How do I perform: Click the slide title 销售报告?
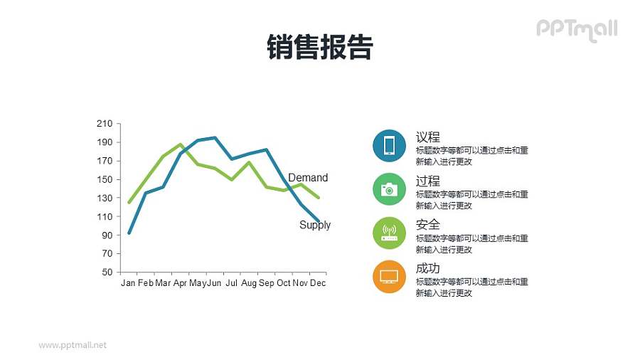[319, 48]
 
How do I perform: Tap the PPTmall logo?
[576, 29]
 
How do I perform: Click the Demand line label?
[308, 178]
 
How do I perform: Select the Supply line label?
[315, 225]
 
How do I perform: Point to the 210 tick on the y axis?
[105, 124]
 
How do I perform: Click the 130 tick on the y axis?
[105, 198]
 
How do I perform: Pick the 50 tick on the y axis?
[107, 272]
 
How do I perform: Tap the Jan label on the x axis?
[128, 283]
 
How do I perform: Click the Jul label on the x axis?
[231, 283]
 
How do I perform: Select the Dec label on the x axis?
[318, 283]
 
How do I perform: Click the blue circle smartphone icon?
[389, 145]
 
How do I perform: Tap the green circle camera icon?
[389, 189]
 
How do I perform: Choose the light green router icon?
[389, 233]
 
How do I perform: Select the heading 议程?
[428, 137]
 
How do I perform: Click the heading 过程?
[428, 181]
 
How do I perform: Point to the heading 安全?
[428, 225]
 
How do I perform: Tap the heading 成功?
[428, 268]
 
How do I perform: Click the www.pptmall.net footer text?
[73, 345]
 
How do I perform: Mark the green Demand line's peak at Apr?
[181, 144]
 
